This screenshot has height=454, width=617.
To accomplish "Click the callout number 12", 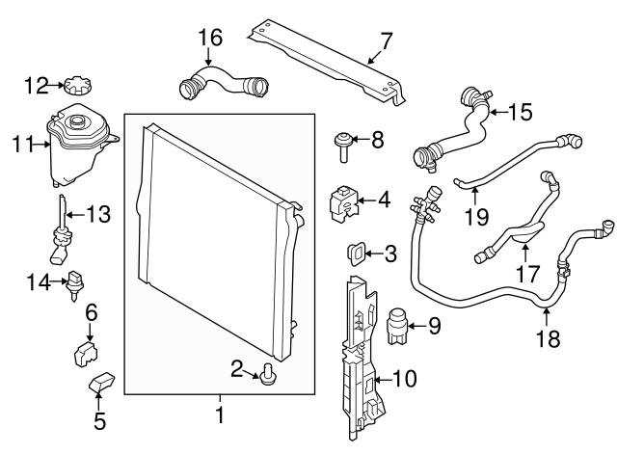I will [35, 86].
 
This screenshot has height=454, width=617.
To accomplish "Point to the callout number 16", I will [210, 39].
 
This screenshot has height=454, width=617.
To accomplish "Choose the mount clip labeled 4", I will [344, 200].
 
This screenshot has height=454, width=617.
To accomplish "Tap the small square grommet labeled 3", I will [355, 254].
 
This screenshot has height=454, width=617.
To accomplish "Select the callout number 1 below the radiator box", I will [220, 417].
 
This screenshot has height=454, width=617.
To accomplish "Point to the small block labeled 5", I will [102, 386].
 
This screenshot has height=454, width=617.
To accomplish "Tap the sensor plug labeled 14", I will [73, 283].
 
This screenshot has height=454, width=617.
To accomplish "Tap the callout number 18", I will [547, 338].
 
